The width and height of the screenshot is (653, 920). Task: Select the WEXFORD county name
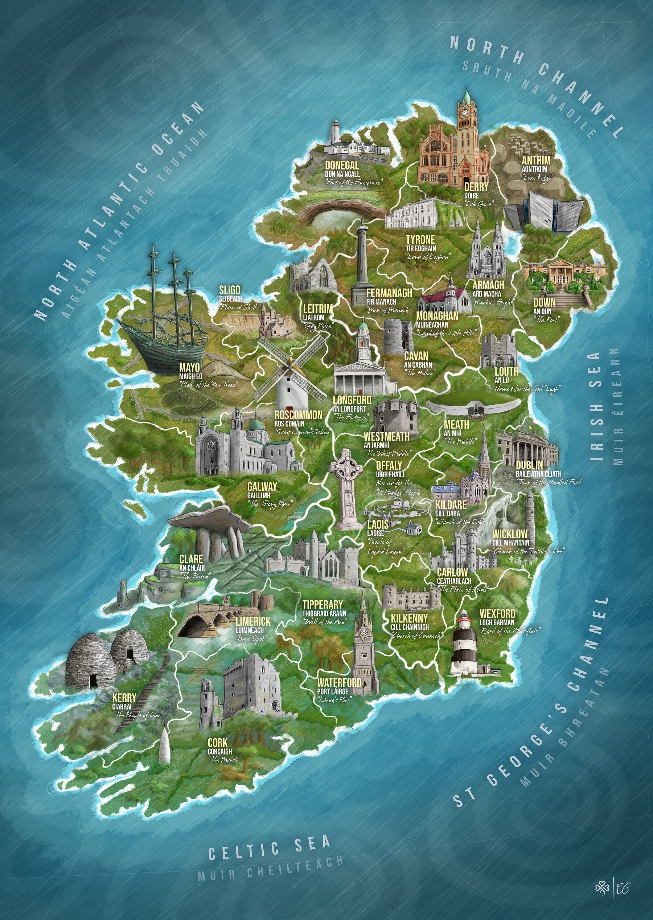tap(497, 613)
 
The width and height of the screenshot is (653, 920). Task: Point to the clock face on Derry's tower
tap(465, 113)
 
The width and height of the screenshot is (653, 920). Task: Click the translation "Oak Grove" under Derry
tap(478, 204)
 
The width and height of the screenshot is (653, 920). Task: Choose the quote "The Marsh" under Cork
tap(223, 771)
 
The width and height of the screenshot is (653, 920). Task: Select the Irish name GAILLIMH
tap(259, 496)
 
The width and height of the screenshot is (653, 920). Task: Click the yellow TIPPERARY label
tap(323, 605)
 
